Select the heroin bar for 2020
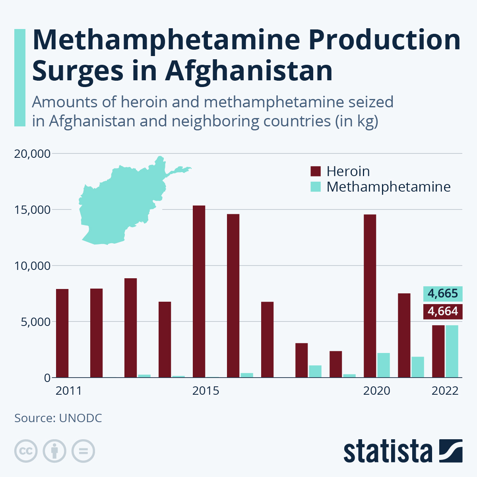(370, 296)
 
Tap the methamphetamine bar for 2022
(452, 351)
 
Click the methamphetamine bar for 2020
(383, 365)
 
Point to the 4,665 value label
(443, 294)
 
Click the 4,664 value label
(443, 311)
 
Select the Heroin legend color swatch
(315, 171)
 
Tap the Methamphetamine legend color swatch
(315, 187)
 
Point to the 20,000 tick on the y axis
(32, 153)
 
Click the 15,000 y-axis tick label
(32, 209)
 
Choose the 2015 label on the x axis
(206, 391)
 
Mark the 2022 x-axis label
(445, 391)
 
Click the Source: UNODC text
(58, 418)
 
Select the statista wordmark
(388, 452)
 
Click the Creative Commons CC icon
(26, 451)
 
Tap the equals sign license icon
(83, 451)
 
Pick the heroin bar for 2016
(233, 296)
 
